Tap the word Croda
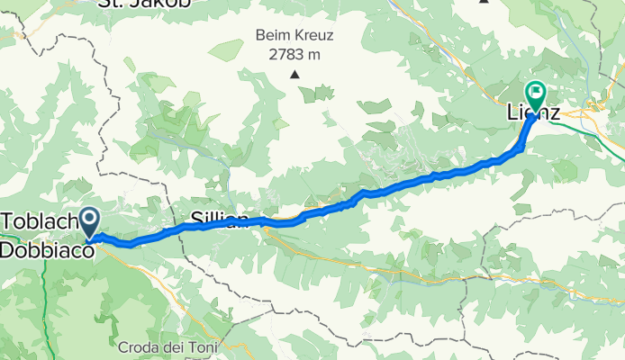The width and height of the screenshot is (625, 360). pyautogui.click(x=137, y=346)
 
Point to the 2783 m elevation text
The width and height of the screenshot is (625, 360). pyautogui.click(x=294, y=54)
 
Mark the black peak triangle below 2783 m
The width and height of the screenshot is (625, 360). pyautogui.click(x=294, y=74)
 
